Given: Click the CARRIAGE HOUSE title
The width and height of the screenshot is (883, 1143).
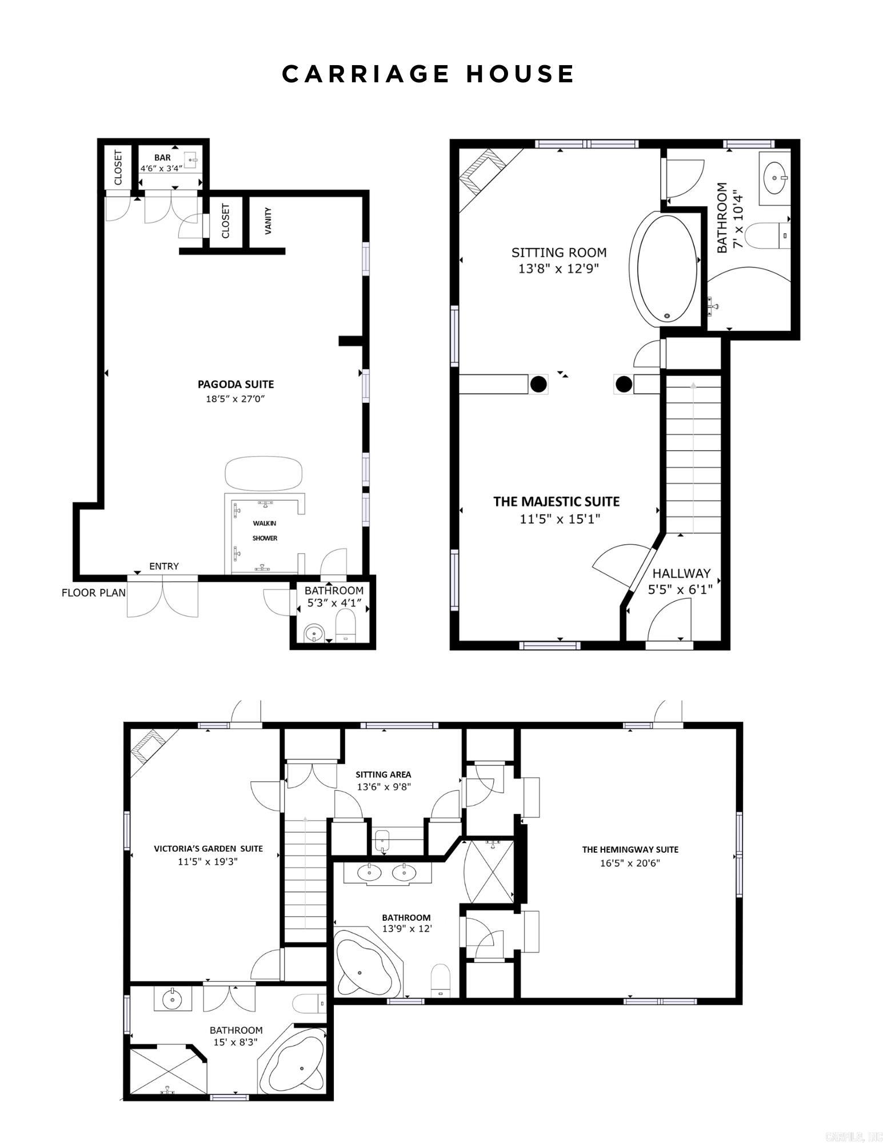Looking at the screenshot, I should point(428,74).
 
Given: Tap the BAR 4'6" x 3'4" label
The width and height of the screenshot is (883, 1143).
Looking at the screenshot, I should point(162,163).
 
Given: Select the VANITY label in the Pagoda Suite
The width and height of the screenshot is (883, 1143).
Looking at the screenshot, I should point(268,221).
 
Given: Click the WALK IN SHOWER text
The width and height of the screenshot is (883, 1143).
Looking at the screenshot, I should point(265,530).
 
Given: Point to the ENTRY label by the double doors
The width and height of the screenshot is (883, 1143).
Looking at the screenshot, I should point(164,566).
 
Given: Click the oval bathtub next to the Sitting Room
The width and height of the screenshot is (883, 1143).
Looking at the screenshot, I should point(666,269).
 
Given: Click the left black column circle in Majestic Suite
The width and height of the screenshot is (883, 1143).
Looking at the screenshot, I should point(538,384).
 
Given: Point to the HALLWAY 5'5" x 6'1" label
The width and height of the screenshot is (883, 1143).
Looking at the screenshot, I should point(681,581).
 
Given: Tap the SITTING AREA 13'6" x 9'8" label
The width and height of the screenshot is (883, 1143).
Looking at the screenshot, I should point(383,781).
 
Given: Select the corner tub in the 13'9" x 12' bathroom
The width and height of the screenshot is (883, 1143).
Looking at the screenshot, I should point(366,969).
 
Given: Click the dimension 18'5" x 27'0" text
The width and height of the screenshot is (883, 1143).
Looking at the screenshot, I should point(235,398).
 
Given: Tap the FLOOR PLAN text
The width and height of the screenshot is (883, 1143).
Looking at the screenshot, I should point(94,593).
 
